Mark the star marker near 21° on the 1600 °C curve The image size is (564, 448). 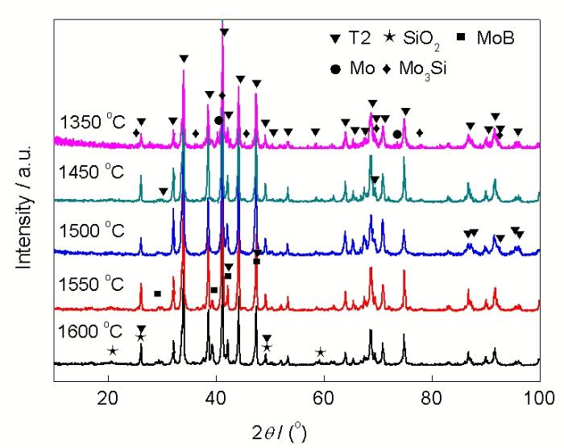tap(112, 351)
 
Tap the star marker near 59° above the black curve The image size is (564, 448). tap(320, 352)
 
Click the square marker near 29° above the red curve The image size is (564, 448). tap(157, 294)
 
